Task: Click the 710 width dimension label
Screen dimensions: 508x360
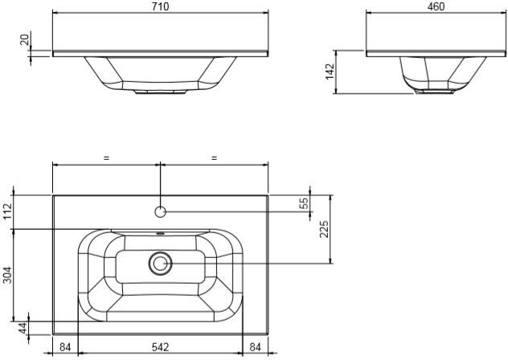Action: pyautogui.click(x=161, y=6)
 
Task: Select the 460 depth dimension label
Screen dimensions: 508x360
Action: pyautogui.click(x=436, y=6)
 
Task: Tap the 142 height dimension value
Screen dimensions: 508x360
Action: pyautogui.click(x=330, y=72)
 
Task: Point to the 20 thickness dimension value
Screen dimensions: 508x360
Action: pyautogui.click(x=25, y=39)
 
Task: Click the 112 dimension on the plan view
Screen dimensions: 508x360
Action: pyautogui.click(x=7, y=211)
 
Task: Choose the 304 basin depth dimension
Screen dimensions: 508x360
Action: pyautogui.click(x=7, y=275)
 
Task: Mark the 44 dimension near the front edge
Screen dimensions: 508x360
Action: pyautogui.click(x=23, y=328)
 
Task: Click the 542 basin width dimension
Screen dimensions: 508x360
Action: pyautogui.click(x=161, y=347)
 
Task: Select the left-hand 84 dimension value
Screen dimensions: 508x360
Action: pyautogui.click(x=65, y=347)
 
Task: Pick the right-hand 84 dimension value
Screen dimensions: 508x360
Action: pyautogui.click(x=255, y=347)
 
